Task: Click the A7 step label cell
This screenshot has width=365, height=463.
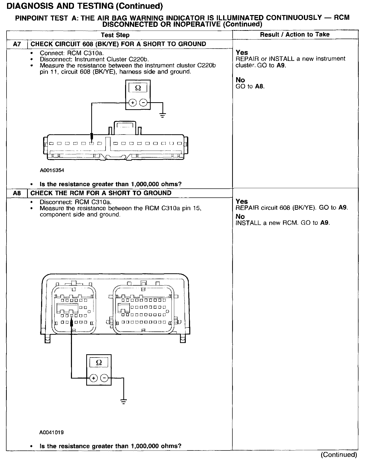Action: coord(17,44)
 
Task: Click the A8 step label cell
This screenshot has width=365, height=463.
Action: coord(17,193)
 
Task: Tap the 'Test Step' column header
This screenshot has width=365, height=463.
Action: coord(115,35)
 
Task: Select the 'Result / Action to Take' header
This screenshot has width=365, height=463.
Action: coord(295,35)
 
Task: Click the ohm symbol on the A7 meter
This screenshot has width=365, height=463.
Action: coord(138,88)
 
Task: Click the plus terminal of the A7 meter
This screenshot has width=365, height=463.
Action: coord(132,102)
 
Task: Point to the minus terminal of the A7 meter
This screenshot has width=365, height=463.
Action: coord(143,102)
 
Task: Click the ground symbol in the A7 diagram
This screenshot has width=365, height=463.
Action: coord(163,116)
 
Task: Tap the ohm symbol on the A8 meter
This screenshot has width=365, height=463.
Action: coord(99,362)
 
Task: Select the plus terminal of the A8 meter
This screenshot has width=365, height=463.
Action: coord(93,378)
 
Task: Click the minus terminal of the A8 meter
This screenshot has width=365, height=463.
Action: coord(104,378)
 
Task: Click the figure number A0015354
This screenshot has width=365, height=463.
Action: coord(52,170)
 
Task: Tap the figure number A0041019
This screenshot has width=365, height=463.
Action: coord(51,432)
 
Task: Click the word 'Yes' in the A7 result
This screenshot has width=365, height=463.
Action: coord(242,53)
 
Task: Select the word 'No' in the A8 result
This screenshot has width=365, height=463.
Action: coord(240,216)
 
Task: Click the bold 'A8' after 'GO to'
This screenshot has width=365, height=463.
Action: coord(259,86)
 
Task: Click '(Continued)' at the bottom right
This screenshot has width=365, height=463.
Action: coord(338,454)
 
